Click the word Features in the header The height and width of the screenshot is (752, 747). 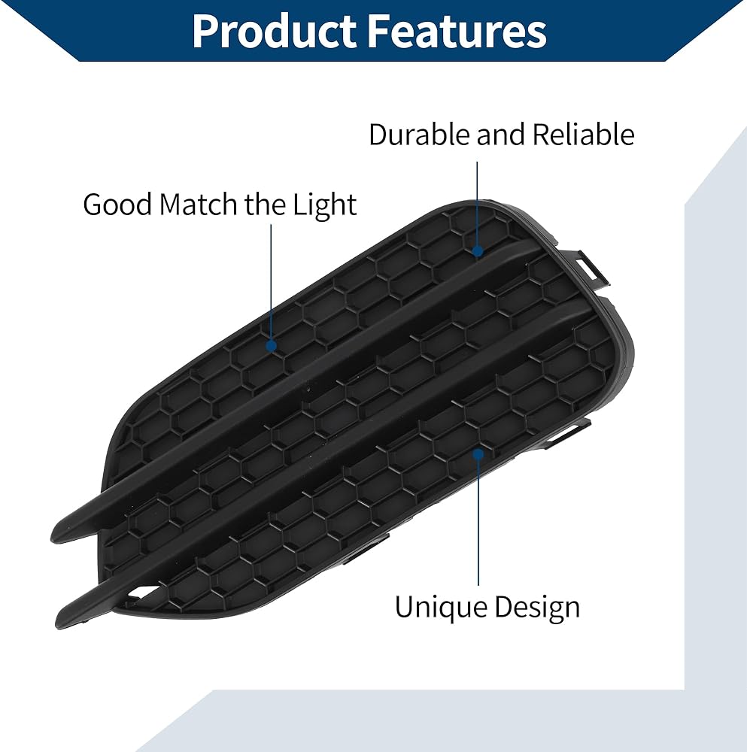coord(457,31)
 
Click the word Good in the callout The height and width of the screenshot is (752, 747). coord(117,205)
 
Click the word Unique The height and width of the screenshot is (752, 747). coord(441,607)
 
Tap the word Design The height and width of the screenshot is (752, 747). coord(537,608)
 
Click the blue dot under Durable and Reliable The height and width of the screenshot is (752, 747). coord(478,250)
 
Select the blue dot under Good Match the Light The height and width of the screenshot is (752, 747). coord(271,345)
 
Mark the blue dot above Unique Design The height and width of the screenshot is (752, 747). coord(478,453)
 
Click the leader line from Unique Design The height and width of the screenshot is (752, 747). coord(478,522)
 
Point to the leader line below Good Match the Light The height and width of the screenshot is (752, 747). coord(271,283)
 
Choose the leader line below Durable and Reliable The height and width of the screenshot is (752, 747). coord(477,203)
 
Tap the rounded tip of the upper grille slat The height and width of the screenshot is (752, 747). coord(60,533)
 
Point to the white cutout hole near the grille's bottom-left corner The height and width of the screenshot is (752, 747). coord(142,593)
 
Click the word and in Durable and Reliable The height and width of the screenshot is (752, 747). coord(501,135)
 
